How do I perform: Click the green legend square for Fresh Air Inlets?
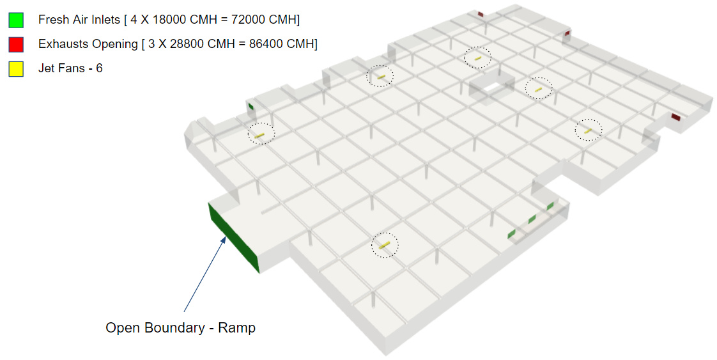(x=16, y=20)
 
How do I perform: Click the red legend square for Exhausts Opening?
(x=16, y=44)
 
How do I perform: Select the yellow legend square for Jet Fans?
(x=16, y=68)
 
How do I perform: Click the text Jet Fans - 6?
(x=70, y=68)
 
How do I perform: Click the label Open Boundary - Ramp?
(x=180, y=328)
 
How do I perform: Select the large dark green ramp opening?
(x=233, y=237)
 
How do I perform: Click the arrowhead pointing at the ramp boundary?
(x=224, y=239)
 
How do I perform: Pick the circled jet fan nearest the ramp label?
(x=384, y=245)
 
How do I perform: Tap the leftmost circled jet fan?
(x=261, y=134)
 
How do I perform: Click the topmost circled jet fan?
(x=477, y=58)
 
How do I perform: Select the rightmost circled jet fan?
(x=588, y=130)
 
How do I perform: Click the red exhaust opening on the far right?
(x=675, y=117)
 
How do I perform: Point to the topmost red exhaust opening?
(x=481, y=13)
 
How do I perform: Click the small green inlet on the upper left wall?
(x=251, y=106)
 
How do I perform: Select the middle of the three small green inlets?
(x=532, y=219)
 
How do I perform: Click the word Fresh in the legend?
(x=54, y=20)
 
